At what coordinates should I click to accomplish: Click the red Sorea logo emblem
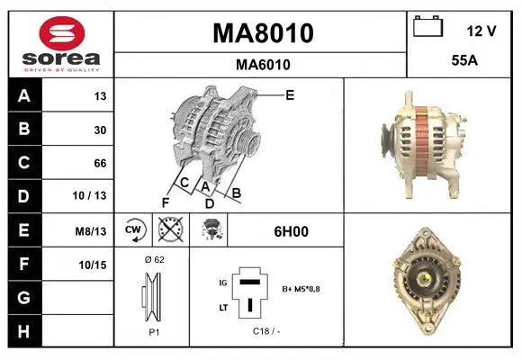coord(62,33)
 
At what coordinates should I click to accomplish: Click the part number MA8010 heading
coord(263,33)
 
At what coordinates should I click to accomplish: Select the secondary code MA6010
coord(263,65)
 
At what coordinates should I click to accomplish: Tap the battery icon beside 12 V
coord(428,26)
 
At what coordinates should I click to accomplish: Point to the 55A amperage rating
coord(464,60)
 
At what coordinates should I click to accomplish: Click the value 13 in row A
coord(100,96)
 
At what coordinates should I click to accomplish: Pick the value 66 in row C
coord(100,163)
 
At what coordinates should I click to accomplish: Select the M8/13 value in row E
coord(91,231)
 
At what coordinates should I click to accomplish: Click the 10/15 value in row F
coord(93,265)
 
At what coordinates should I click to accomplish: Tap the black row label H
coord(24,331)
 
